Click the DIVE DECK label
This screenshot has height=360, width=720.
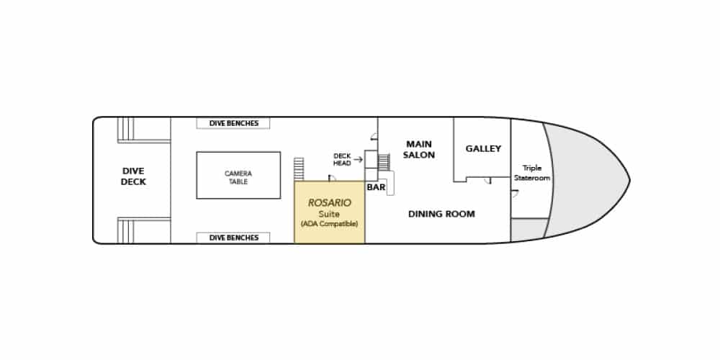(134, 176)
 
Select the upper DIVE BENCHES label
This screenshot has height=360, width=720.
(234, 123)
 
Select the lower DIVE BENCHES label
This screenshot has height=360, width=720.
(234, 238)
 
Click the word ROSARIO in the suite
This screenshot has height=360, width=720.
(329, 202)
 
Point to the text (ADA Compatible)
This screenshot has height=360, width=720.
(329, 224)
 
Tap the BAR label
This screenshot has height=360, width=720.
(376, 187)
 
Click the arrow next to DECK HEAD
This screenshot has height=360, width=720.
(358, 159)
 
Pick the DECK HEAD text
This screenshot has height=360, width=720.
(342, 159)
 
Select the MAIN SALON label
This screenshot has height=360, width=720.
(419, 150)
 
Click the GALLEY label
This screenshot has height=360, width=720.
(483, 149)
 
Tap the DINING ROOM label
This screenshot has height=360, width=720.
(441, 214)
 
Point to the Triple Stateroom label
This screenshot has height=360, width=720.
(532, 173)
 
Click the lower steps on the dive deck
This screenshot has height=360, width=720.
(125, 231)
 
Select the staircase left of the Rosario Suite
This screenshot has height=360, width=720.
(299, 169)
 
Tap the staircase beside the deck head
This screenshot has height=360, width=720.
(384, 162)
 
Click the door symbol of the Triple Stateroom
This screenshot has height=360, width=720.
(515, 194)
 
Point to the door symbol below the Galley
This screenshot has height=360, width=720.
(487, 181)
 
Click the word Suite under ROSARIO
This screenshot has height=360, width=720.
(329, 214)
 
